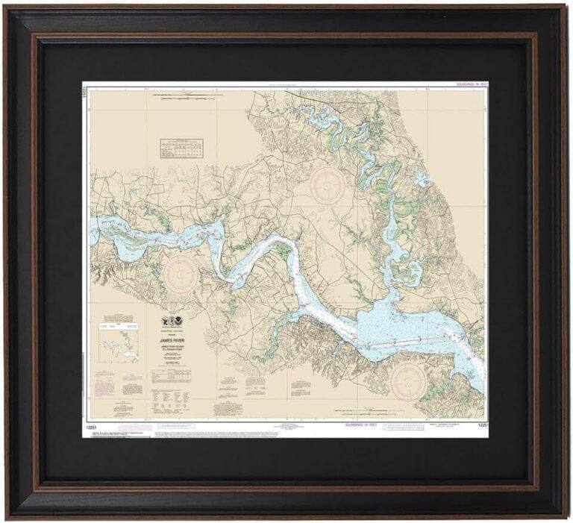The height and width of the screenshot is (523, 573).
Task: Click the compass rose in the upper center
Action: coord(326,184)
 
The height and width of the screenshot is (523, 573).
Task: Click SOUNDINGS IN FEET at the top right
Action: coord(471,85)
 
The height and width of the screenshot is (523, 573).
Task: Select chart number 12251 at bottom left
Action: coord(91,425)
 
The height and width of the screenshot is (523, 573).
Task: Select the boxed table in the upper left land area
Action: coord(181,148)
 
